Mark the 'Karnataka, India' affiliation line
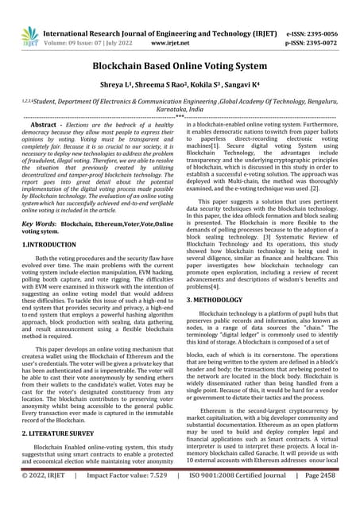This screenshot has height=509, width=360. point(180,114)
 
